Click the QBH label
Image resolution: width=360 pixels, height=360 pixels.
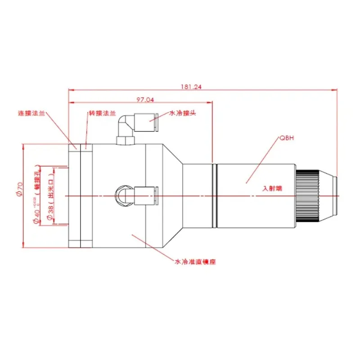[x=287, y=138]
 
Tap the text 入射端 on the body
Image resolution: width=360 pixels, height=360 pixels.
[x=272, y=189]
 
